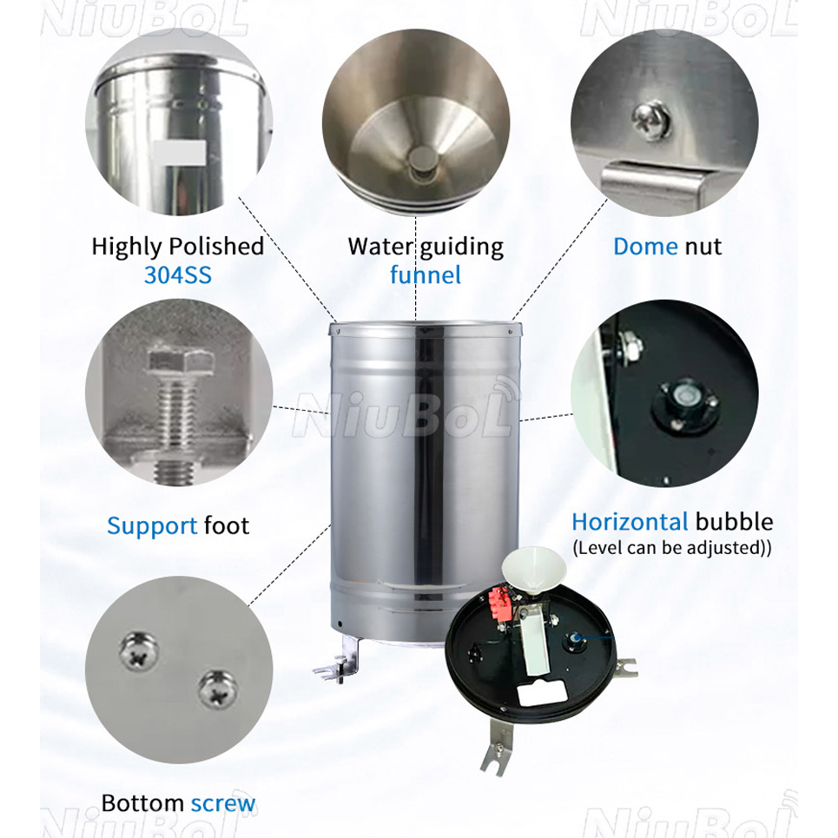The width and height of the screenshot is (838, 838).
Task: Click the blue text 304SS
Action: (x=178, y=275)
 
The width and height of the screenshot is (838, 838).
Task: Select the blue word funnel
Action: (x=426, y=275)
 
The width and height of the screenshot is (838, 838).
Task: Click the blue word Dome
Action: (x=645, y=247)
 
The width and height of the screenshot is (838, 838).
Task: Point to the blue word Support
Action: (x=152, y=527)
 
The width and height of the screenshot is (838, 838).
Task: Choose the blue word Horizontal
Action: (x=630, y=522)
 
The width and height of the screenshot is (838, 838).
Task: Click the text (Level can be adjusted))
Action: (x=672, y=548)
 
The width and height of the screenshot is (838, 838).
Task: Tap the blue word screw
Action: (x=223, y=803)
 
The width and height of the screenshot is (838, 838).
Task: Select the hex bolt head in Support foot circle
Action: (x=177, y=360)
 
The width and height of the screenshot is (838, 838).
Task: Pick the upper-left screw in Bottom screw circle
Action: (x=139, y=651)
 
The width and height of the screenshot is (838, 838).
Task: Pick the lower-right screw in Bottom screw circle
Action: (x=217, y=689)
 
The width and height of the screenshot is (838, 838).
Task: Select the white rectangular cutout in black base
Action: (x=542, y=694)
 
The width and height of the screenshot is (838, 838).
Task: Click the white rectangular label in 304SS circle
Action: (x=179, y=152)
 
